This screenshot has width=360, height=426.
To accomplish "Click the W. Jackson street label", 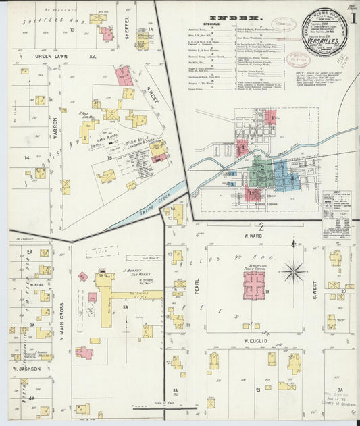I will (x=26, y=369).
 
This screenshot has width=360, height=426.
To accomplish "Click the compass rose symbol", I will (x=294, y=272).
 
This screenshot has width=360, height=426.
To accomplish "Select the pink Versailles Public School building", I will (x=254, y=284).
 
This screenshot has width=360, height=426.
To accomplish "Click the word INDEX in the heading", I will (x=234, y=18).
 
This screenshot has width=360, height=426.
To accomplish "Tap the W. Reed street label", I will (x=36, y=285).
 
